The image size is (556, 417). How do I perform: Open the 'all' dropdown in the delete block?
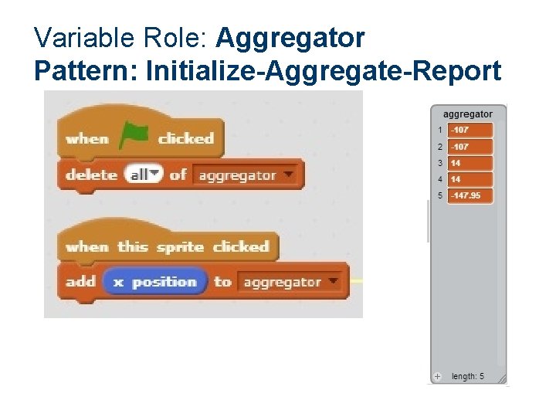click(x=145, y=175)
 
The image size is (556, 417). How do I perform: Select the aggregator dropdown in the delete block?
click(x=246, y=175)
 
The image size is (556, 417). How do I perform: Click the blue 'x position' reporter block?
click(x=155, y=282)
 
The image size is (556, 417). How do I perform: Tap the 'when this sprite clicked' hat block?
click(x=167, y=246)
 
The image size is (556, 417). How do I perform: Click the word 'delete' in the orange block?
click(x=91, y=175)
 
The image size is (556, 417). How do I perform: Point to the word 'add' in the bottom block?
click(x=80, y=282)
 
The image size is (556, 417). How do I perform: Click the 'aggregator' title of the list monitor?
click(x=468, y=114)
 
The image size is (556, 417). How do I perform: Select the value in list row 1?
click(x=470, y=131)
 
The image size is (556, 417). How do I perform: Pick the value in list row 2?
click(x=470, y=147)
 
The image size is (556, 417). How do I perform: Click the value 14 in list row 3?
click(x=470, y=163)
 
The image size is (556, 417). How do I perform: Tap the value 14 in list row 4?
click(x=470, y=179)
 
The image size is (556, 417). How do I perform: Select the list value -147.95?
click(x=470, y=195)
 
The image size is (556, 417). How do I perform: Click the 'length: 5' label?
click(x=468, y=376)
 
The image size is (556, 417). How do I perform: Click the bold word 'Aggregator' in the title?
click(x=291, y=37)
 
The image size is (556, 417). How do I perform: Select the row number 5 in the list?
click(x=440, y=195)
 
